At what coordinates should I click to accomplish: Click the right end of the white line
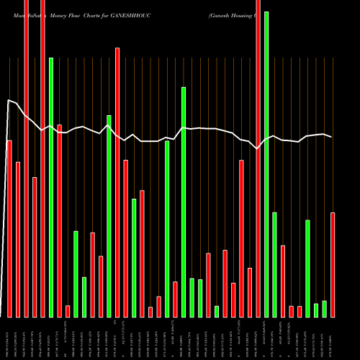(x=331, y=137)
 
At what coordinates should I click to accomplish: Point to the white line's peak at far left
(x=9, y=100)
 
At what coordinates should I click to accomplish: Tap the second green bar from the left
(x=76, y=274)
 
